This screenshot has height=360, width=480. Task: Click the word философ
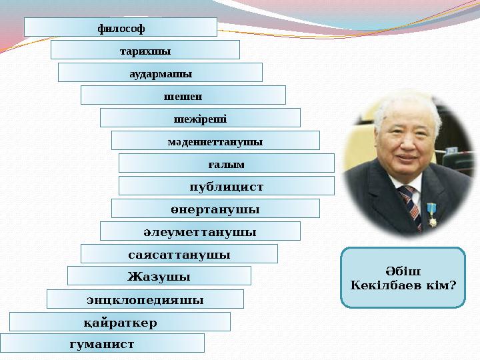click(121, 28)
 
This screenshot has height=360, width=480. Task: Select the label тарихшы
click(145, 51)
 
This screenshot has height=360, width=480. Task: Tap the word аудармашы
click(161, 73)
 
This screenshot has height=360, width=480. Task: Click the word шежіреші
click(200, 119)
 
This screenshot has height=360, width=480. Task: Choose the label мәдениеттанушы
click(215, 141)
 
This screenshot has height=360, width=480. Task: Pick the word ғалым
click(226, 164)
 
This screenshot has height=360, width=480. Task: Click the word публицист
click(226, 187)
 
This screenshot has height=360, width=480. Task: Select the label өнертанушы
click(215, 209)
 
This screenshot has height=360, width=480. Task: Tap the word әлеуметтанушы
click(200, 232)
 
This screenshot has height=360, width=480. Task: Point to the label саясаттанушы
click(179, 255)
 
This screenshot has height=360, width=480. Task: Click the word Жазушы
click(159, 276)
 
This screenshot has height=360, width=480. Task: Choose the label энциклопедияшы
click(145, 299)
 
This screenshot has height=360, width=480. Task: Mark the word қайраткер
click(120, 323)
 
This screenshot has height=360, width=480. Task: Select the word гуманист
click(101, 344)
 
